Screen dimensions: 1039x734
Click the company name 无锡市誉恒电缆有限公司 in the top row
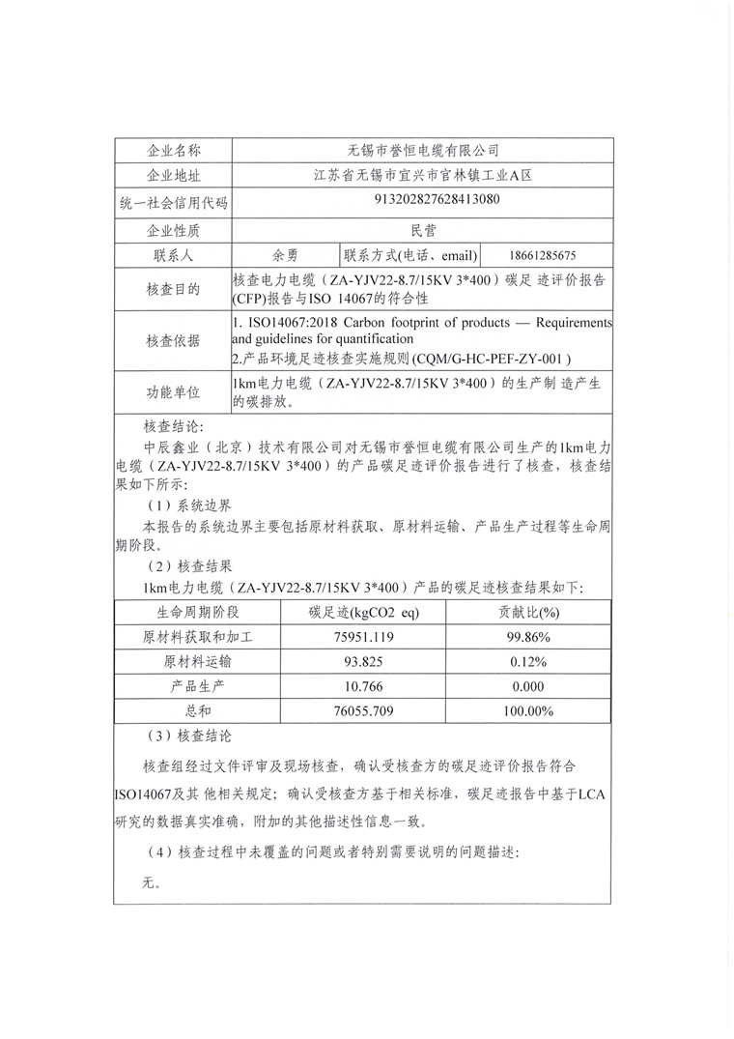[422, 151]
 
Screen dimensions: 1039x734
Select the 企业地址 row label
[173, 176]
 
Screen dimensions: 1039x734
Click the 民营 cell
[422, 230]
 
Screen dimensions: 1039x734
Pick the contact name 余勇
[285, 255]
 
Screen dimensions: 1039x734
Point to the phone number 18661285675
[554, 256]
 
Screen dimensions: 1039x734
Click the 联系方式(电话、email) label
[410, 255]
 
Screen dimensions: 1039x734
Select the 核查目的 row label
[173, 289]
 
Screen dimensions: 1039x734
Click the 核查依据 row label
[173, 340]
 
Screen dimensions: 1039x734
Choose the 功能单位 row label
[173, 392]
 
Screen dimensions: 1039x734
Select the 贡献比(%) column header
[529, 612]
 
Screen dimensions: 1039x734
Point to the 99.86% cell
[529, 637]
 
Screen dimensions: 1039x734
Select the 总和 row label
[197, 712]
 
